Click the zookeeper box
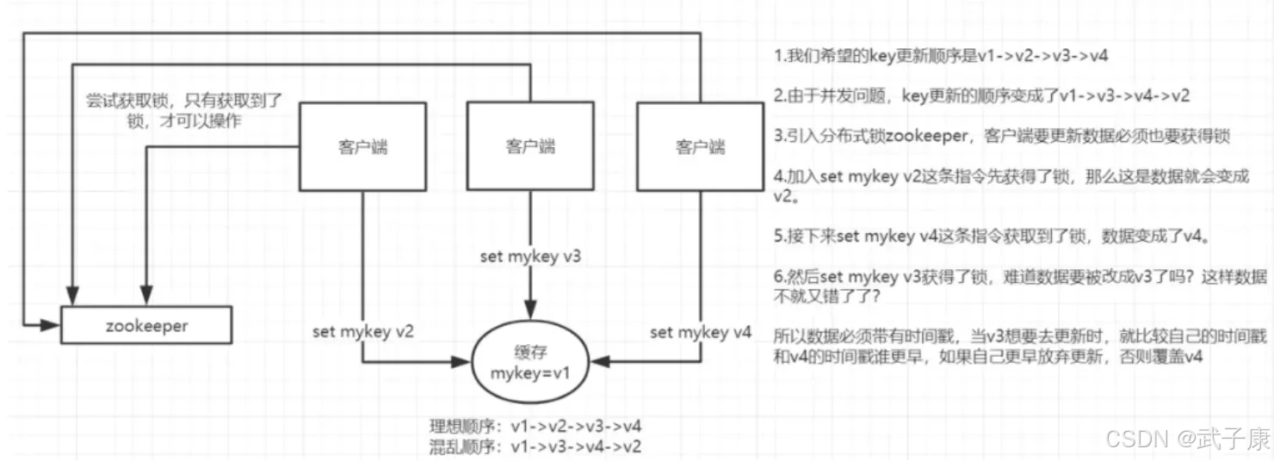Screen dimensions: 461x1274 [x=147, y=327]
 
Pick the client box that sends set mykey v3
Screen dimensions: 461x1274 [x=529, y=146]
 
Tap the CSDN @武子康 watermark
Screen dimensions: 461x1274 [x=1187, y=440]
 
